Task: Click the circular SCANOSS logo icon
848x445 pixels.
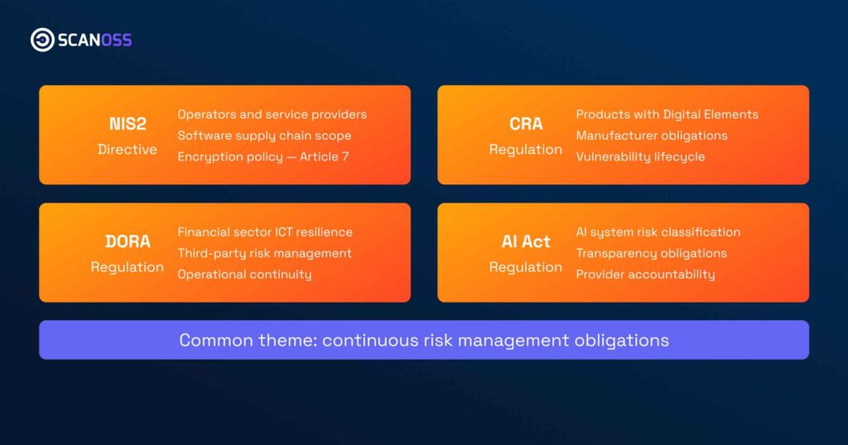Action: (42, 40)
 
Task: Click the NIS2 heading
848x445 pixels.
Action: (127, 124)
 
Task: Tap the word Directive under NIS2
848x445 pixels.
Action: (127, 150)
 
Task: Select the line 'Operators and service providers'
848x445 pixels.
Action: (272, 114)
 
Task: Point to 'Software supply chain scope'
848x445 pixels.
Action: (264, 136)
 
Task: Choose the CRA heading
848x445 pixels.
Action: (526, 124)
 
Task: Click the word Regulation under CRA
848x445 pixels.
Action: (526, 150)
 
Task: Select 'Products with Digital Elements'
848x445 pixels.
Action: (667, 114)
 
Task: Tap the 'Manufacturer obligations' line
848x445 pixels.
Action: (651, 136)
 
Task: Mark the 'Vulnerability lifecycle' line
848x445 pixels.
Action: (640, 156)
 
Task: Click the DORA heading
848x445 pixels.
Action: (128, 242)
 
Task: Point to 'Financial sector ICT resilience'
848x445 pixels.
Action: (265, 232)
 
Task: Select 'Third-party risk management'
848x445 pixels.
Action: (264, 253)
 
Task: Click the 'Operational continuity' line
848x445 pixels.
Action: (244, 275)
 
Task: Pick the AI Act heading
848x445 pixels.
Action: (526, 242)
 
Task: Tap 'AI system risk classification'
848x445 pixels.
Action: (658, 232)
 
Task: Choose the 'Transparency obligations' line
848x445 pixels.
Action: (651, 253)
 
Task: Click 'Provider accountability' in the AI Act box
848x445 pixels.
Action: (645, 275)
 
